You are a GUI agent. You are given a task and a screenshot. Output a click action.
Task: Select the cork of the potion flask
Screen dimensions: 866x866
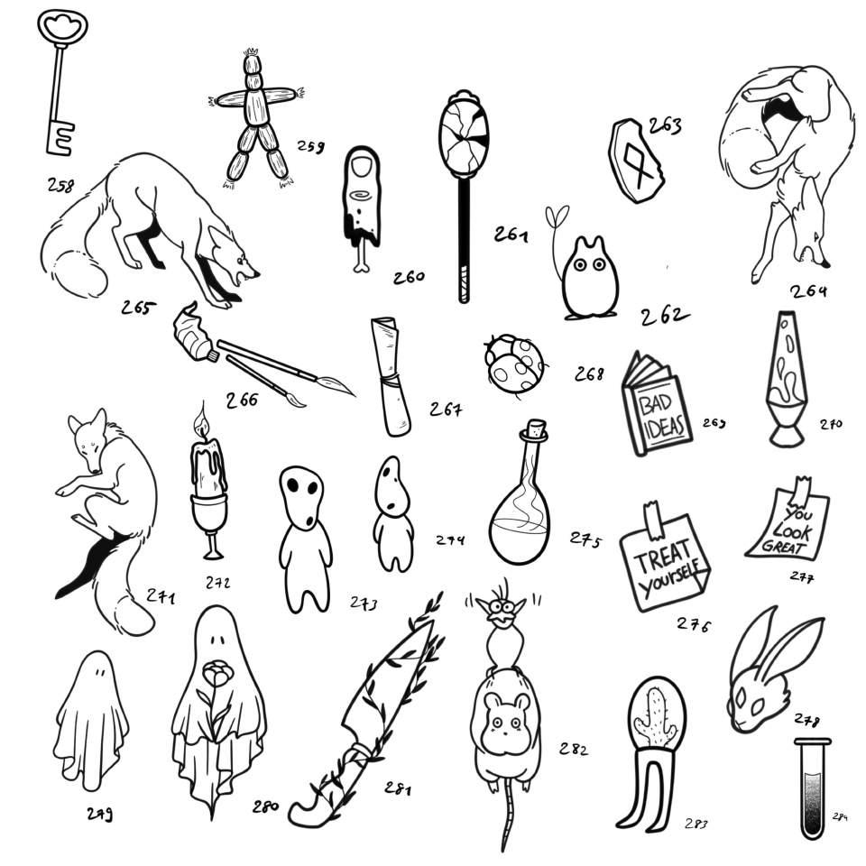(x=538, y=431)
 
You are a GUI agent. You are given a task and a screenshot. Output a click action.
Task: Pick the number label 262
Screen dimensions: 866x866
(x=664, y=316)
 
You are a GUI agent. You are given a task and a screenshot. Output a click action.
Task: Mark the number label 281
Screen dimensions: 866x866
(x=397, y=789)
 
